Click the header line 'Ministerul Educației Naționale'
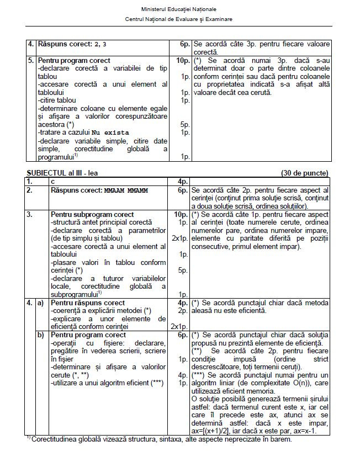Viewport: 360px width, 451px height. coord(179,9)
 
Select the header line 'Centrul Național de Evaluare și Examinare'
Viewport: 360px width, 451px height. coord(179,19)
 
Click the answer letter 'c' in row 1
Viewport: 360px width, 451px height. coord(52,181)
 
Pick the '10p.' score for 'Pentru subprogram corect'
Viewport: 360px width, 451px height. coord(182,214)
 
